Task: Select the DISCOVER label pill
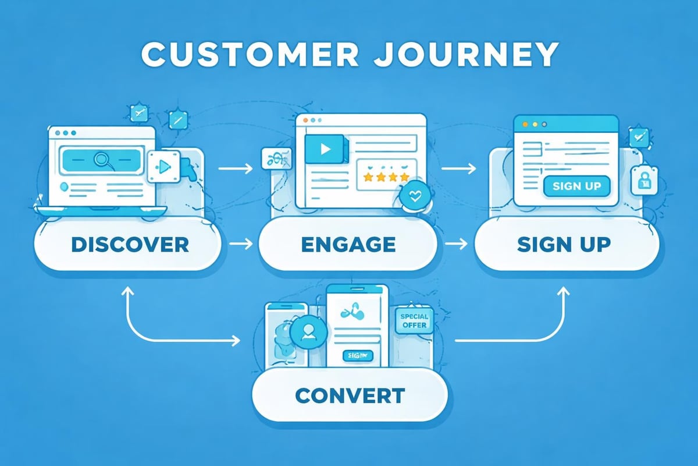tap(129, 245)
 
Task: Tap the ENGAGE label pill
tap(348, 245)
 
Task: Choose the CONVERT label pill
tap(350, 396)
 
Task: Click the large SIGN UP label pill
tap(564, 245)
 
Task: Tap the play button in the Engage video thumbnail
tap(325, 149)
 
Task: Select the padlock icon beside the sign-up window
tap(644, 182)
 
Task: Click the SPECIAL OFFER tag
tap(414, 320)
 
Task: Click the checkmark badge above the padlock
tap(638, 137)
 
